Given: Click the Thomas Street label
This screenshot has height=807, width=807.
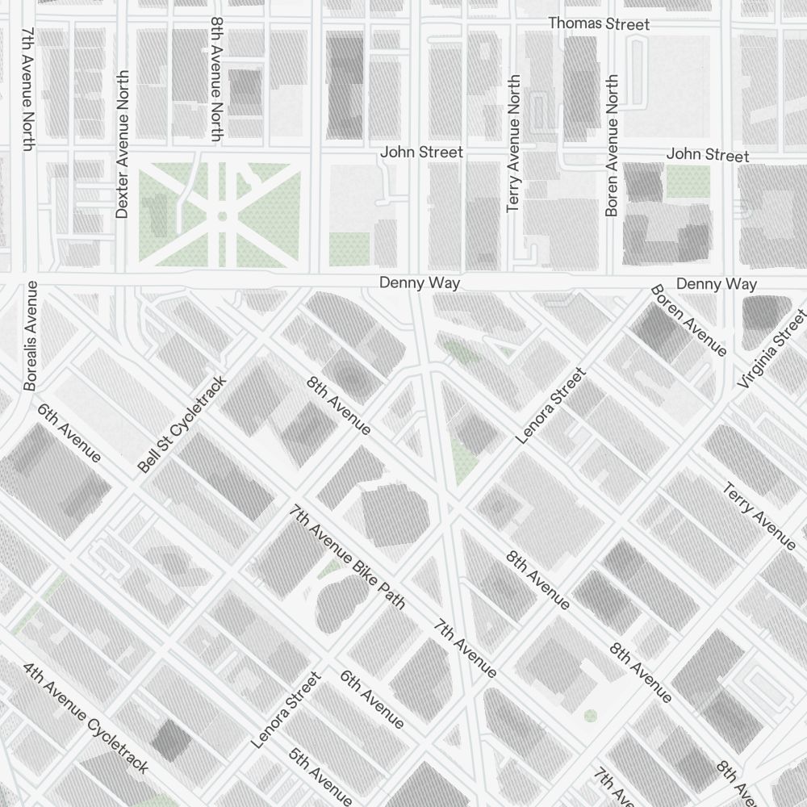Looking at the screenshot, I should (599, 24).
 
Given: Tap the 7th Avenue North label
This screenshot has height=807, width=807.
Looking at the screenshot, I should (28, 89).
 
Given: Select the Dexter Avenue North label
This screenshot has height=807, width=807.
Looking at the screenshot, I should (122, 144).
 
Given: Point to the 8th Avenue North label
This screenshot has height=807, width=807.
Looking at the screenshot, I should (216, 79).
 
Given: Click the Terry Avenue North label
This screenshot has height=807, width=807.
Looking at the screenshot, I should (513, 144).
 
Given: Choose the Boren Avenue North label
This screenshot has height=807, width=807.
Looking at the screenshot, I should (612, 145).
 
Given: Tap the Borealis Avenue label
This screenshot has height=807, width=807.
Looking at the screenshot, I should (31, 336).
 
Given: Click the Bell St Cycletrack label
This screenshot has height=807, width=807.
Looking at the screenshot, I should (182, 424).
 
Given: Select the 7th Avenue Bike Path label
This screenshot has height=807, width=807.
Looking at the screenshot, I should (348, 557).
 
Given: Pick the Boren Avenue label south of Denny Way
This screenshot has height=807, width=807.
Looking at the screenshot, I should (688, 320).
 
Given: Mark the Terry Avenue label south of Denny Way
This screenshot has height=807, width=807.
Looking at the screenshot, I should (759, 516).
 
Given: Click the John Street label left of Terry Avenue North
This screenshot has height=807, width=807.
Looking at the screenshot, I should (421, 152).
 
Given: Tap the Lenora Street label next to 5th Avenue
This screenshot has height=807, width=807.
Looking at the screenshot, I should (286, 711).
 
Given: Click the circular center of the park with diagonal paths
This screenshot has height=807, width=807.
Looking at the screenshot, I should (221, 215).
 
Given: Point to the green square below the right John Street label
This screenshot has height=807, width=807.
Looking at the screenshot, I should (688, 182).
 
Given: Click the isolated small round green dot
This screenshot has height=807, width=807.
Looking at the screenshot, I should (590, 716).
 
